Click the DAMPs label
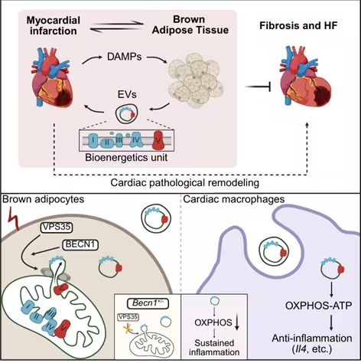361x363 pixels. pyautogui.click(x=124, y=57)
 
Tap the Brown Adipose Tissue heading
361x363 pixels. pyautogui.click(x=190, y=25)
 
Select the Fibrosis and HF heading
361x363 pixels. pyautogui.click(x=298, y=25)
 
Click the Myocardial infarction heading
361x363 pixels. pyautogui.click(x=53, y=25)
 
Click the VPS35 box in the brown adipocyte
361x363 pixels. pyautogui.click(x=57, y=227)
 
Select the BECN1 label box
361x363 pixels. pyautogui.click(x=80, y=244)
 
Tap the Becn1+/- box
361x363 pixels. pyautogui.click(x=148, y=303)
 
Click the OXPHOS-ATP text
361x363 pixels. pyautogui.click(x=318, y=306)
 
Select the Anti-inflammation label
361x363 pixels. pyautogui.click(x=312, y=338)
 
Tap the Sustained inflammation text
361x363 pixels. pyautogui.click(x=214, y=347)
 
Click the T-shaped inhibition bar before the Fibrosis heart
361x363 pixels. pyautogui.click(x=258, y=87)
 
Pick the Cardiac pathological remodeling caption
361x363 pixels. pyautogui.click(x=185, y=183)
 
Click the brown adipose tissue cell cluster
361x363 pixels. pyautogui.click(x=196, y=80)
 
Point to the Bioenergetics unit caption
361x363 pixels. pyautogui.click(x=126, y=157)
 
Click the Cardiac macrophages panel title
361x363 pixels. pyautogui.click(x=234, y=199)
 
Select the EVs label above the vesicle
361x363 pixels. pyautogui.click(x=127, y=94)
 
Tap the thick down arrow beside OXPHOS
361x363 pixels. pyautogui.click(x=237, y=323)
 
